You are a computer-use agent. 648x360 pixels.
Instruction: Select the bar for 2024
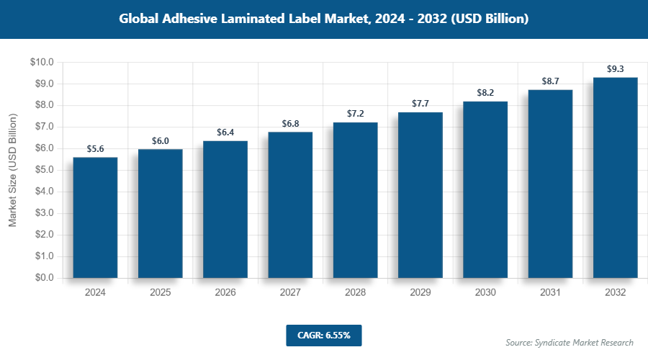[x=95, y=217]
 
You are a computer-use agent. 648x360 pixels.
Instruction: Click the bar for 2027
[x=290, y=204]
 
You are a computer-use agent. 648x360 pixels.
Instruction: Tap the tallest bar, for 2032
[x=615, y=177]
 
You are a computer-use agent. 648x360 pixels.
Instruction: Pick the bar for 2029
[x=420, y=194]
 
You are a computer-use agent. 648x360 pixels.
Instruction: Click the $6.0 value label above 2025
[x=160, y=141]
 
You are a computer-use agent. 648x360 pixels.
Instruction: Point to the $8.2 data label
[x=485, y=93]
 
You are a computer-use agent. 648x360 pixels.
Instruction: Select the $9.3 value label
[x=615, y=69]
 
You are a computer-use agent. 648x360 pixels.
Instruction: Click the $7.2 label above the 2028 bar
[x=355, y=114]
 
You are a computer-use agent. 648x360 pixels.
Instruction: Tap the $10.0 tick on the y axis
[x=42, y=63]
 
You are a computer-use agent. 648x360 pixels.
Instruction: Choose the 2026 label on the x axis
[x=225, y=293]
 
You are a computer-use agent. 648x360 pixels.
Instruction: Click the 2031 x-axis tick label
[x=550, y=293]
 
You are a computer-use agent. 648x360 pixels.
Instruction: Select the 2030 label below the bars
[x=485, y=293]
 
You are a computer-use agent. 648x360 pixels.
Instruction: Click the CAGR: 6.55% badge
[x=323, y=336]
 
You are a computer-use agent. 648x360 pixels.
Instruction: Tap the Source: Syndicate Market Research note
[x=570, y=342]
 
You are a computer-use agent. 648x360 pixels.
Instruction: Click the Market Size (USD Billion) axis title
[x=12, y=170]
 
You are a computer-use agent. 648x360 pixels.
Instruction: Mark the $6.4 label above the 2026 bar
[x=225, y=132]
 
